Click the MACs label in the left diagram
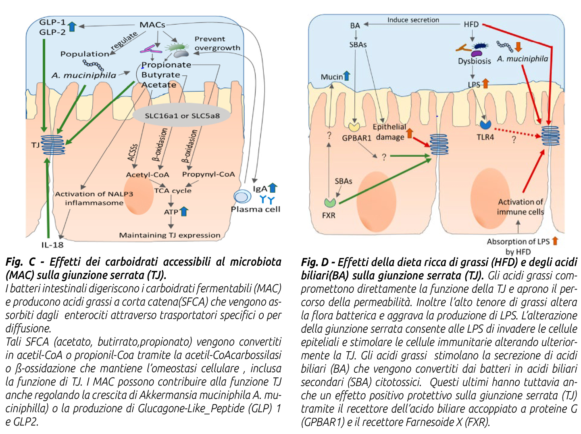coord(152,25)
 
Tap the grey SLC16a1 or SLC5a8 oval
coord(182,115)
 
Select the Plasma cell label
coord(255,209)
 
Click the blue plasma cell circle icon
coord(242,197)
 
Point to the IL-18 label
coord(52,245)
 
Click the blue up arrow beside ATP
coord(184,211)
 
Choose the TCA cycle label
coord(173,191)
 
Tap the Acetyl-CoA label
coord(148,174)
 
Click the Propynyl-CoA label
coord(208,174)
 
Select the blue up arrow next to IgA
coord(273,187)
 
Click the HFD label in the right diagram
coord(471,25)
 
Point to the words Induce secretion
coord(413,20)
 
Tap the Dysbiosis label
coord(474,61)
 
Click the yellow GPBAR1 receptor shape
coord(354,126)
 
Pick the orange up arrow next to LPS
coord(485,84)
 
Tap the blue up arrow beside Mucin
coord(346,75)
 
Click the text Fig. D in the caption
coord(314,262)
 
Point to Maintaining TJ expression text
coord(170,235)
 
